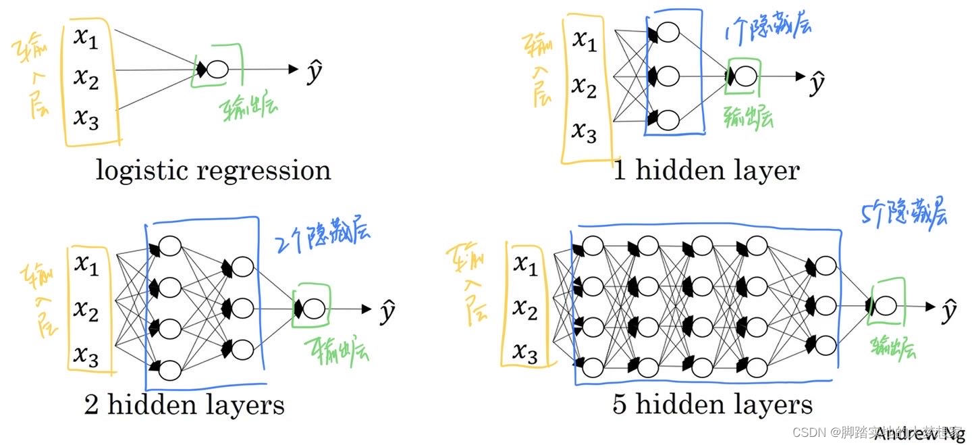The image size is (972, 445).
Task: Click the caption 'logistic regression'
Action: coord(213,170)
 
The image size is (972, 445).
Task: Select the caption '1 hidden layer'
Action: coord(706,170)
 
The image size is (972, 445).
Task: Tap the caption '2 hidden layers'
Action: coord(184,405)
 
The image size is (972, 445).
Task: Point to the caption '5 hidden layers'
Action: coord(713,404)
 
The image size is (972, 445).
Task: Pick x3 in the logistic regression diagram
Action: coord(86,120)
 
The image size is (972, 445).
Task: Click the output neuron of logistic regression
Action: coord(217,69)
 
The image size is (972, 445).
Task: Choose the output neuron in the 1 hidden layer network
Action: coord(745,76)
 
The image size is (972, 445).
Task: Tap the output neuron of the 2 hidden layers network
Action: coord(313,309)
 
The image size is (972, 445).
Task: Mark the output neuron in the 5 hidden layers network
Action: coord(886,307)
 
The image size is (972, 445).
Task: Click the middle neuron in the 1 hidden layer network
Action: coord(668,76)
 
